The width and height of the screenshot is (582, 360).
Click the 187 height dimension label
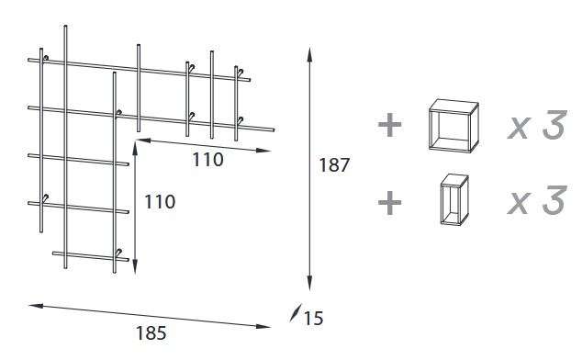tap(334, 166)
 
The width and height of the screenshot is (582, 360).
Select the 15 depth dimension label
tap(312, 319)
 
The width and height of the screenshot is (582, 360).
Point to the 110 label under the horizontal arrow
tap(207, 159)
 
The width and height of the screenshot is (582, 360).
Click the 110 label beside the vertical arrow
tap(160, 200)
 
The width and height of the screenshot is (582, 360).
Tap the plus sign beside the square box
tap(390, 126)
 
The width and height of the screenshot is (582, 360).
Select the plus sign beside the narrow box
tap(390, 201)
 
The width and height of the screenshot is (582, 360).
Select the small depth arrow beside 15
tap(294, 315)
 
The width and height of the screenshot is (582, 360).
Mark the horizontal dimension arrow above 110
tap(207, 142)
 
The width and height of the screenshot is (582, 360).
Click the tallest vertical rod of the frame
tap(65, 147)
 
